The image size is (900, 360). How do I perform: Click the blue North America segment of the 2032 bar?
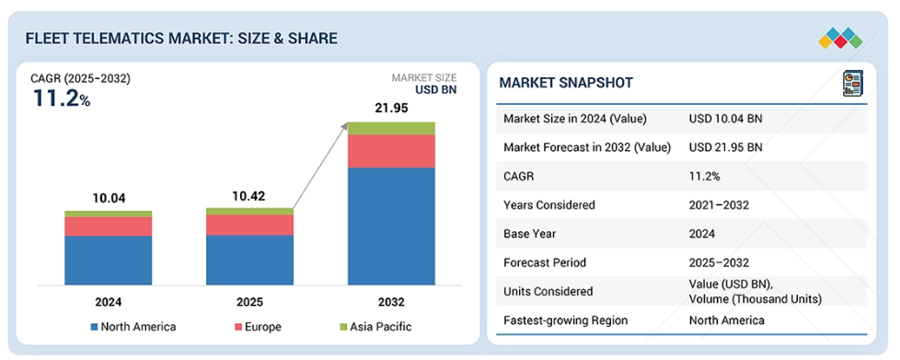pos(391,226)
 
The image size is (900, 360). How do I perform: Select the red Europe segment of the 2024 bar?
pos(108,226)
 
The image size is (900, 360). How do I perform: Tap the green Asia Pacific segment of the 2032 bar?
pos(391,129)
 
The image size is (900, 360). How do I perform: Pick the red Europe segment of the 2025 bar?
pos(249,225)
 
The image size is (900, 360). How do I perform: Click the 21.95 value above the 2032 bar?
pos(391,108)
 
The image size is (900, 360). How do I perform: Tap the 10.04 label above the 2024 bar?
pos(109,199)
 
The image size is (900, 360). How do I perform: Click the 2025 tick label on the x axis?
pos(249,302)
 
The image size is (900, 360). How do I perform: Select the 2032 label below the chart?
pos(391,302)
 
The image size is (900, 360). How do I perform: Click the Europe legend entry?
pos(257,327)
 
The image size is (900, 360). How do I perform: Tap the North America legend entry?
pos(133,327)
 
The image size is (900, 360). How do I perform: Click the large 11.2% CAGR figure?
pos(62,99)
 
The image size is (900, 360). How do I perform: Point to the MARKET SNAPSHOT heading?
pos(566,83)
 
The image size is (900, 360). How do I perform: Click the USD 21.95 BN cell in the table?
pos(725,147)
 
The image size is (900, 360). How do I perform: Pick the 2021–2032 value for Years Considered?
pos(719,205)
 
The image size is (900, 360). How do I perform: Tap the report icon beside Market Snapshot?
pos(853,83)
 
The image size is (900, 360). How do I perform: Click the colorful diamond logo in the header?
pos(840,38)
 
